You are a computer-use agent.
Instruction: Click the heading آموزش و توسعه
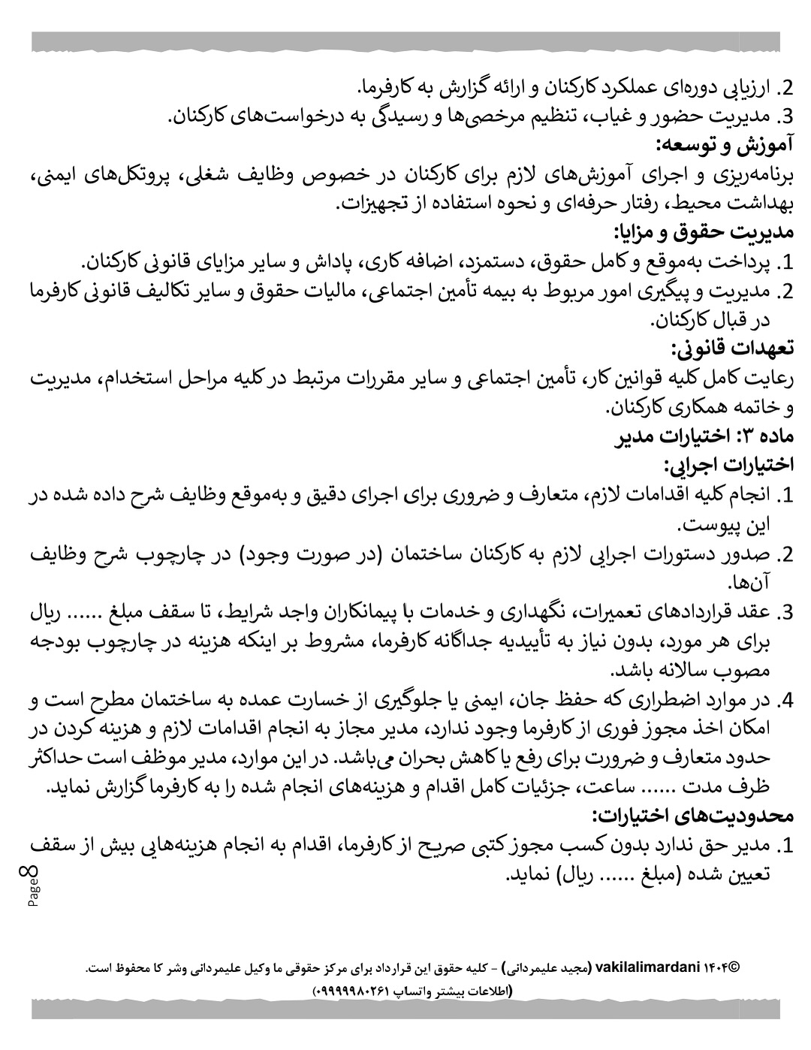pos(725,145)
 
